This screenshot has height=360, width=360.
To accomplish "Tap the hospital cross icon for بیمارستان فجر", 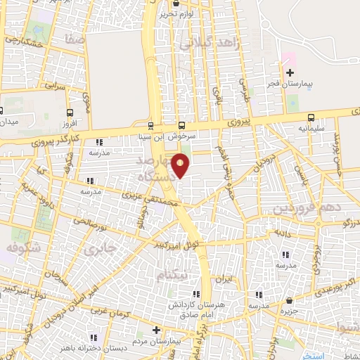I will tap(290, 73).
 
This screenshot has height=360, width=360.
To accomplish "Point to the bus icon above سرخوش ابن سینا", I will tap(182, 119).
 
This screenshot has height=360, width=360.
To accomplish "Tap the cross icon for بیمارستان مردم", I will tap(156, 330).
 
